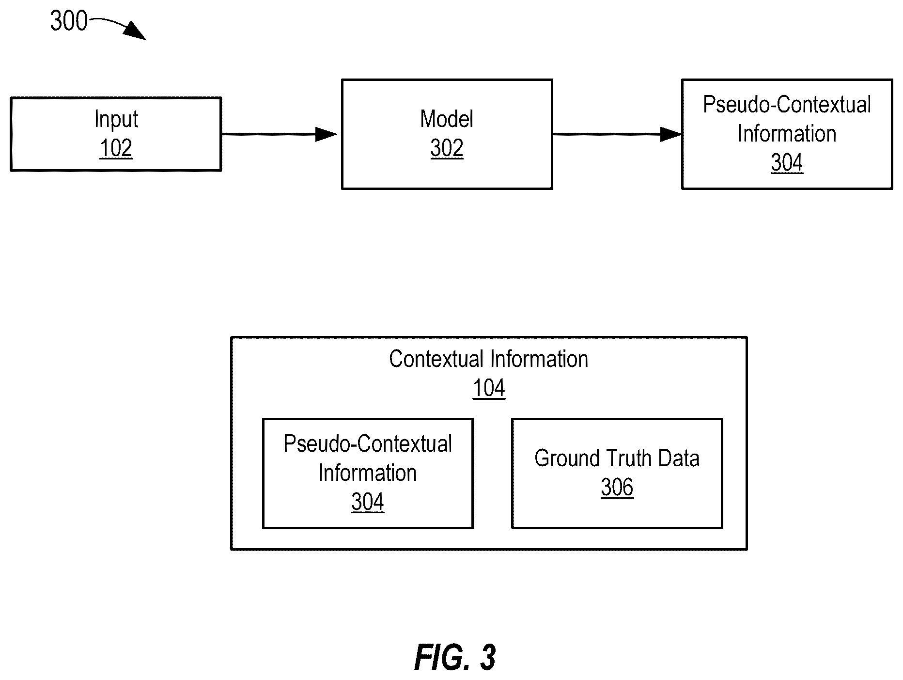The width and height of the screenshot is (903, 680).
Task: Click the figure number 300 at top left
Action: click(69, 21)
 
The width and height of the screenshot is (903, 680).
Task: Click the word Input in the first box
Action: click(116, 119)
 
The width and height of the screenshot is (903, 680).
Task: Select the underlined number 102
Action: click(116, 148)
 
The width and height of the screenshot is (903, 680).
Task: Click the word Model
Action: click(447, 119)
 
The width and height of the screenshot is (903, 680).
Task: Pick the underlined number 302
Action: click(447, 148)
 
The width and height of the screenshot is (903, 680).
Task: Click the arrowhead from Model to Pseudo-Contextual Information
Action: click(671, 134)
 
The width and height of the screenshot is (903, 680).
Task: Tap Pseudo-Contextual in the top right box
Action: click(787, 105)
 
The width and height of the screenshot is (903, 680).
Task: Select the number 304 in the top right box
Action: click(787, 163)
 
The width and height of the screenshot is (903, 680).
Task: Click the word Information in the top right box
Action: click(787, 134)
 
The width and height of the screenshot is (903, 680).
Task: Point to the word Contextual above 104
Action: click(436, 359)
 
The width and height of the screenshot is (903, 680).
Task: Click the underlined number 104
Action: click(489, 388)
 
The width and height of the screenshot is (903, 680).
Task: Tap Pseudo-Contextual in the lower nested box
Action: click(368, 444)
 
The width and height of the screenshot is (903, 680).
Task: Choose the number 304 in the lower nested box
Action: click(368, 502)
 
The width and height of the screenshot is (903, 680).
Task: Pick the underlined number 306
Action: click(617, 488)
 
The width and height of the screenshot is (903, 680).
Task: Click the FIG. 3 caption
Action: click(455, 658)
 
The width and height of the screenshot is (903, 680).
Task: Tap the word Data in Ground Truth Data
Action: click(679, 459)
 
